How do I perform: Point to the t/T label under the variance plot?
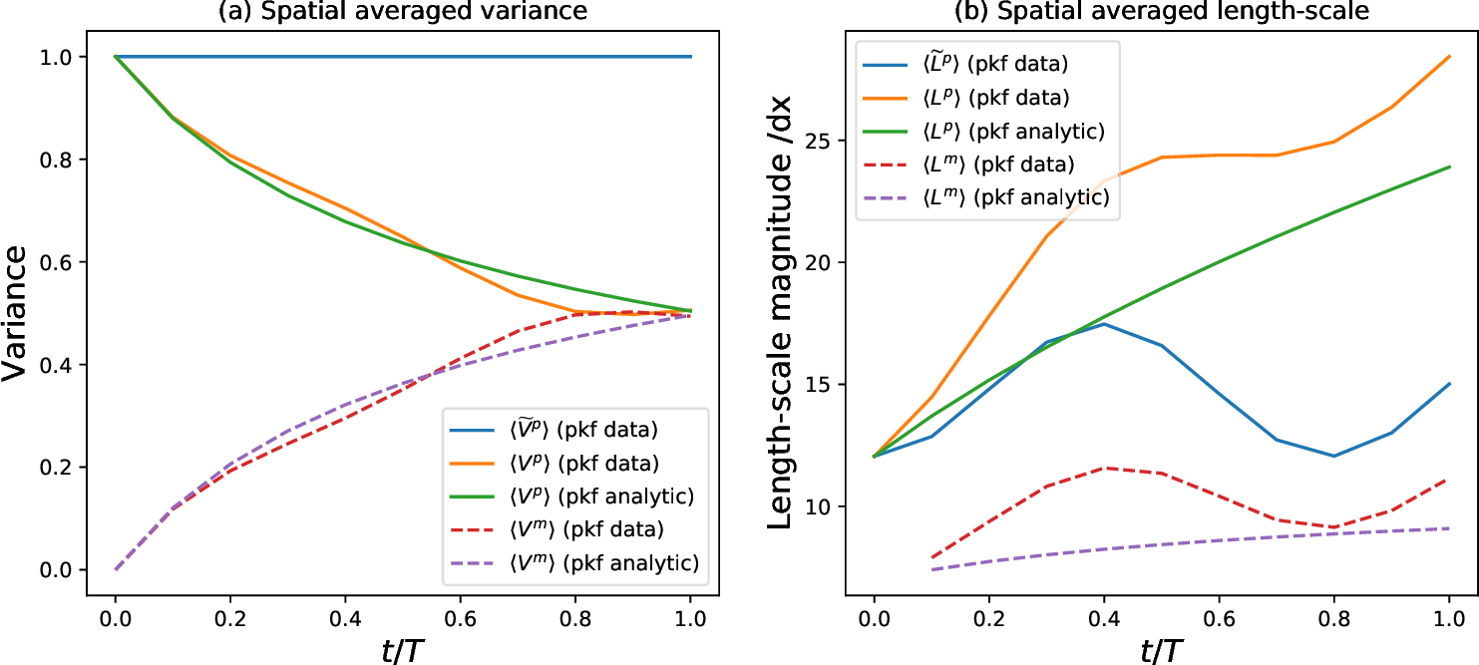coord(402,649)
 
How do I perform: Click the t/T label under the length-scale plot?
coord(1161,649)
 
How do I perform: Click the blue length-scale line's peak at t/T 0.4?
coord(1103,324)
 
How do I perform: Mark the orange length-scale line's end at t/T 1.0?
coord(1448,56)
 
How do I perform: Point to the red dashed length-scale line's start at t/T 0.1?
coord(931,557)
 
